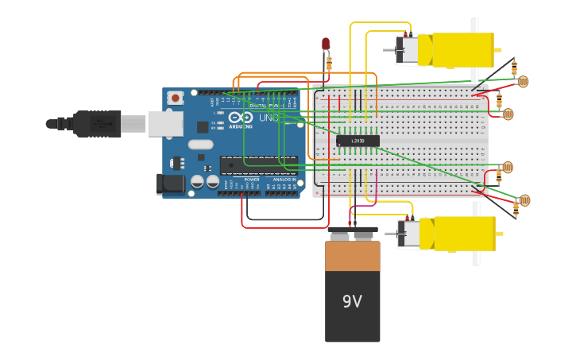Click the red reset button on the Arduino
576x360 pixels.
[x=175, y=98]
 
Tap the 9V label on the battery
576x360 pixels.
[x=352, y=301]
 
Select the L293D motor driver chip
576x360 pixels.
[x=358, y=141]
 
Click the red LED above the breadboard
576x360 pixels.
[x=326, y=44]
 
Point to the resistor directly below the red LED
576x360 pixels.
[x=328, y=63]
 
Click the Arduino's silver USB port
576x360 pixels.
[x=165, y=123]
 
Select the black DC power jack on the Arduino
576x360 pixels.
[x=170, y=184]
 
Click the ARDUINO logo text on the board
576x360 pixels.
[x=241, y=126]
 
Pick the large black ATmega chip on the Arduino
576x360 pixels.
[x=258, y=165]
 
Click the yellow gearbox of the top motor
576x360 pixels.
[x=462, y=50]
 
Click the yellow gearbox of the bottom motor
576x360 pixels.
[x=464, y=234]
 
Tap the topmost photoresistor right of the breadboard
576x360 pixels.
[x=522, y=81]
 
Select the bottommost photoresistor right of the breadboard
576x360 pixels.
[x=524, y=200]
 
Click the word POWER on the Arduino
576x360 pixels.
[x=251, y=180]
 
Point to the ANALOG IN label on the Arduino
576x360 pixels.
[x=284, y=180]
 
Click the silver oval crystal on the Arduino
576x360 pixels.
[x=201, y=145]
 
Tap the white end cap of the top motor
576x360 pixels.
[x=408, y=50]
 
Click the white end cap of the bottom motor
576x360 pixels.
[x=410, y=234]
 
